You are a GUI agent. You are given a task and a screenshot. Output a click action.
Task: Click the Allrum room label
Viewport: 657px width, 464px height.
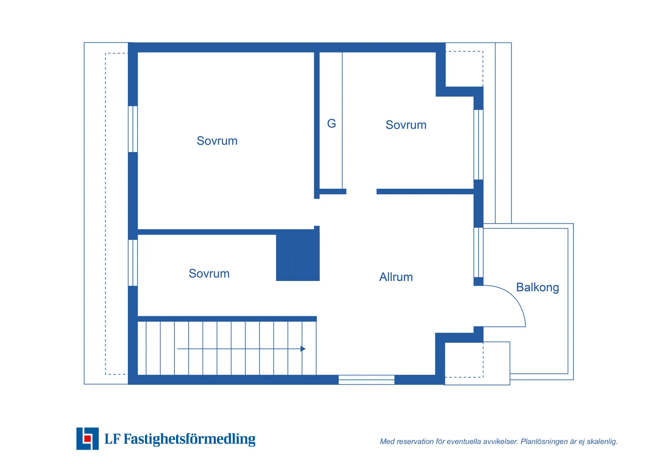tap(396, 277)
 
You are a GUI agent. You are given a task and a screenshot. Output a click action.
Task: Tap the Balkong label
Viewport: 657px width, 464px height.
tap(537, 287)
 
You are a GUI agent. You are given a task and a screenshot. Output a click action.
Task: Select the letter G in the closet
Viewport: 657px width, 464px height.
tap(331, 123)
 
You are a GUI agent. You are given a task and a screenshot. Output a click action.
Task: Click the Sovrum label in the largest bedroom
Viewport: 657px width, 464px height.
tap(217, 141)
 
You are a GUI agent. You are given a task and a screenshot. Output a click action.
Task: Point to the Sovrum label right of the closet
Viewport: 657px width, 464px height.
tap(406, 125)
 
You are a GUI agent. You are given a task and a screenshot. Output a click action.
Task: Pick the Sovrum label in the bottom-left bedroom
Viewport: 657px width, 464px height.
tap(209, 274)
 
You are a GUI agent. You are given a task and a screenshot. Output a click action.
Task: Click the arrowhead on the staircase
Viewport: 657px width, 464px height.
tap(303, 349)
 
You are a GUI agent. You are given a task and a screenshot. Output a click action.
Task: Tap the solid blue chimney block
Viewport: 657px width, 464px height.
tap(298, 257)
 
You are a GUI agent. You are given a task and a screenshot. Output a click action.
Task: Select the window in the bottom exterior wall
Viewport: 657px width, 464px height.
tap(366, 380)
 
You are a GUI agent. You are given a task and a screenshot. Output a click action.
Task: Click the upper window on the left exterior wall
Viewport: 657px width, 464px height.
tap(133, 129)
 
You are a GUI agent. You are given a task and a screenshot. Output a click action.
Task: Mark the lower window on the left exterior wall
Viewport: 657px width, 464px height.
tap(133, 263)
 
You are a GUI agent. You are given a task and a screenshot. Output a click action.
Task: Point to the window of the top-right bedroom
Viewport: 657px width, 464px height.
tap(478, 144)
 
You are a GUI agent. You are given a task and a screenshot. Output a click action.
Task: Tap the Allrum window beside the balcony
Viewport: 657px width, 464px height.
tap(478, 252)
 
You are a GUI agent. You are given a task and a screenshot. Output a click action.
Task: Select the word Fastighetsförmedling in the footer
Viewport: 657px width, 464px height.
tap(189, 439)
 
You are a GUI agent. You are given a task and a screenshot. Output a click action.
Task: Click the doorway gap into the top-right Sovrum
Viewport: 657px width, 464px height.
tap(361, 192)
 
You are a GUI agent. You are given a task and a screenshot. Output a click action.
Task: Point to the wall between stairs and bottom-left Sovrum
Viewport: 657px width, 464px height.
tap(227, 319)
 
